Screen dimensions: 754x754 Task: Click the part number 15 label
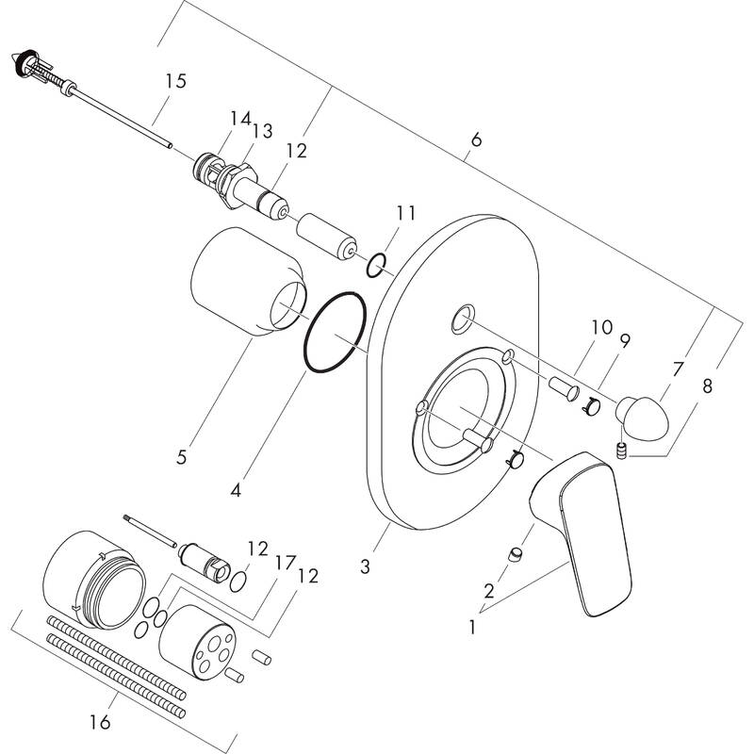pos(174,82)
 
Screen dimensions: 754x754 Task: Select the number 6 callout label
pos(476,141)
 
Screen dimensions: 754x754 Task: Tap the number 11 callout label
pos(405,214)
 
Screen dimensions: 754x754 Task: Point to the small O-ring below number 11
pos(374,264)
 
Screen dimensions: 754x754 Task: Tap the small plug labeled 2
pos(516,554)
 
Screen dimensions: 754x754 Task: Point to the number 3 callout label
pos(367,568)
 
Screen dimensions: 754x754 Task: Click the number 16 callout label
pos(100,724)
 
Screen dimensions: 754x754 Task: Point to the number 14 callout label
pos(239,119)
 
